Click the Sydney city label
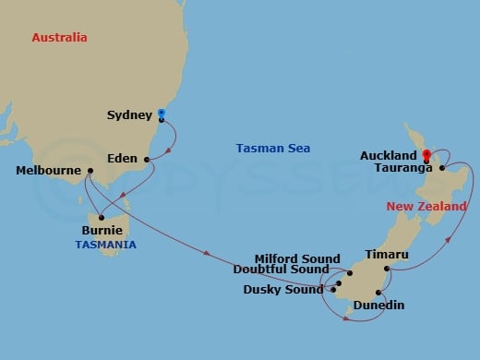tap(130, 115)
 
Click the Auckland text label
tap(387, 156)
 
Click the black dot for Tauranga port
tap(443, 169)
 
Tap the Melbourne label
tap(49, 171)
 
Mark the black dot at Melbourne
tap(90, 171)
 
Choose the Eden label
tap(123, 158)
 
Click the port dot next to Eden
tap(147, 159)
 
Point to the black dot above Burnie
tap(102, 218)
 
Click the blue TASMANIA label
tap(106, 245)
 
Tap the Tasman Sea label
tap(273, 149)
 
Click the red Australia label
tap(59, 38)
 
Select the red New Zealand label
tap(426, 207)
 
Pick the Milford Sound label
tap(298, 259)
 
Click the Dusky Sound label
tap(283, 289)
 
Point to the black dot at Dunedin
tap(378, 291)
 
